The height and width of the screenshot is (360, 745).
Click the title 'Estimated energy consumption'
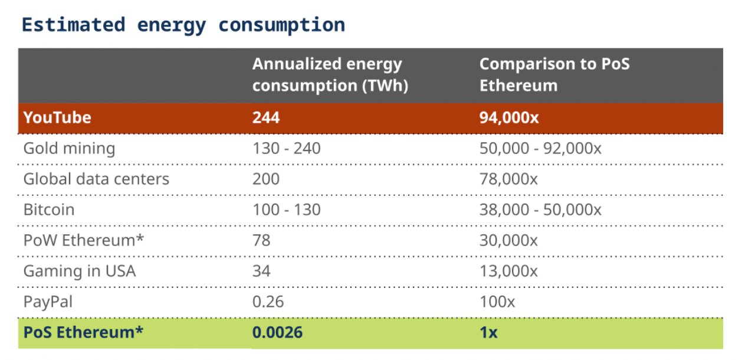[x=183, y=25]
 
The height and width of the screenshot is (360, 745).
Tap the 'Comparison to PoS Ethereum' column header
[x=554, y=74]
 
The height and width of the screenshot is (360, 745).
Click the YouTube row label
[x=57, y=117]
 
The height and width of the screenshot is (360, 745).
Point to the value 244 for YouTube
[x=265, y=117]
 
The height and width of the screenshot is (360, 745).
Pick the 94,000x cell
[x=509, y=117]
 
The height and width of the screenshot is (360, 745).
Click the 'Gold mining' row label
[x=69, y=148]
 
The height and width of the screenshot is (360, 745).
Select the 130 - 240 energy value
[x=286, y=148]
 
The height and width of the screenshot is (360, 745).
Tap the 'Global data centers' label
[x=96, y=179]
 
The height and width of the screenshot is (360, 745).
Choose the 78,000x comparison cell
[x=508, y=179]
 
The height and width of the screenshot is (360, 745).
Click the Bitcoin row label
[x=49, y=210]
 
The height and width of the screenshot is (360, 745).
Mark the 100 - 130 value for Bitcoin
[x=286, y=210]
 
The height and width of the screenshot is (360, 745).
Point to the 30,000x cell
[x=508, y=240]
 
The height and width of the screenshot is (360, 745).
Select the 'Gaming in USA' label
[x=79, y=271]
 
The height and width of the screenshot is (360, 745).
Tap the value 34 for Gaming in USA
[x=261, y=271]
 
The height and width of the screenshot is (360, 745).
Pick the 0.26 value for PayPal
[x=268, y=302]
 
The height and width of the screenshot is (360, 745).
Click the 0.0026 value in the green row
[x=277, y=332]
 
